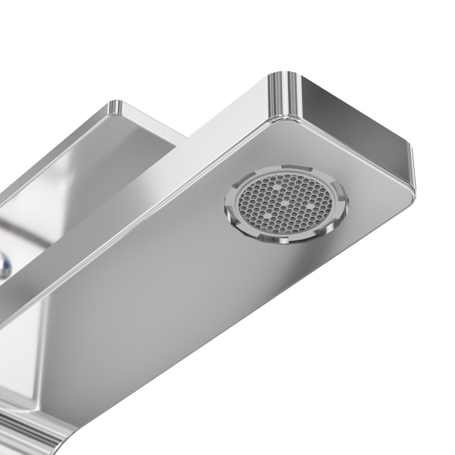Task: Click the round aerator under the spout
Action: (x=284, y=205)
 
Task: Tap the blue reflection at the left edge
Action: (x=6, y=265)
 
